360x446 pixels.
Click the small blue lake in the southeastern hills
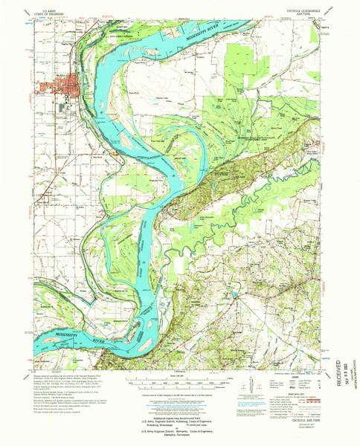click(237, 295)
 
